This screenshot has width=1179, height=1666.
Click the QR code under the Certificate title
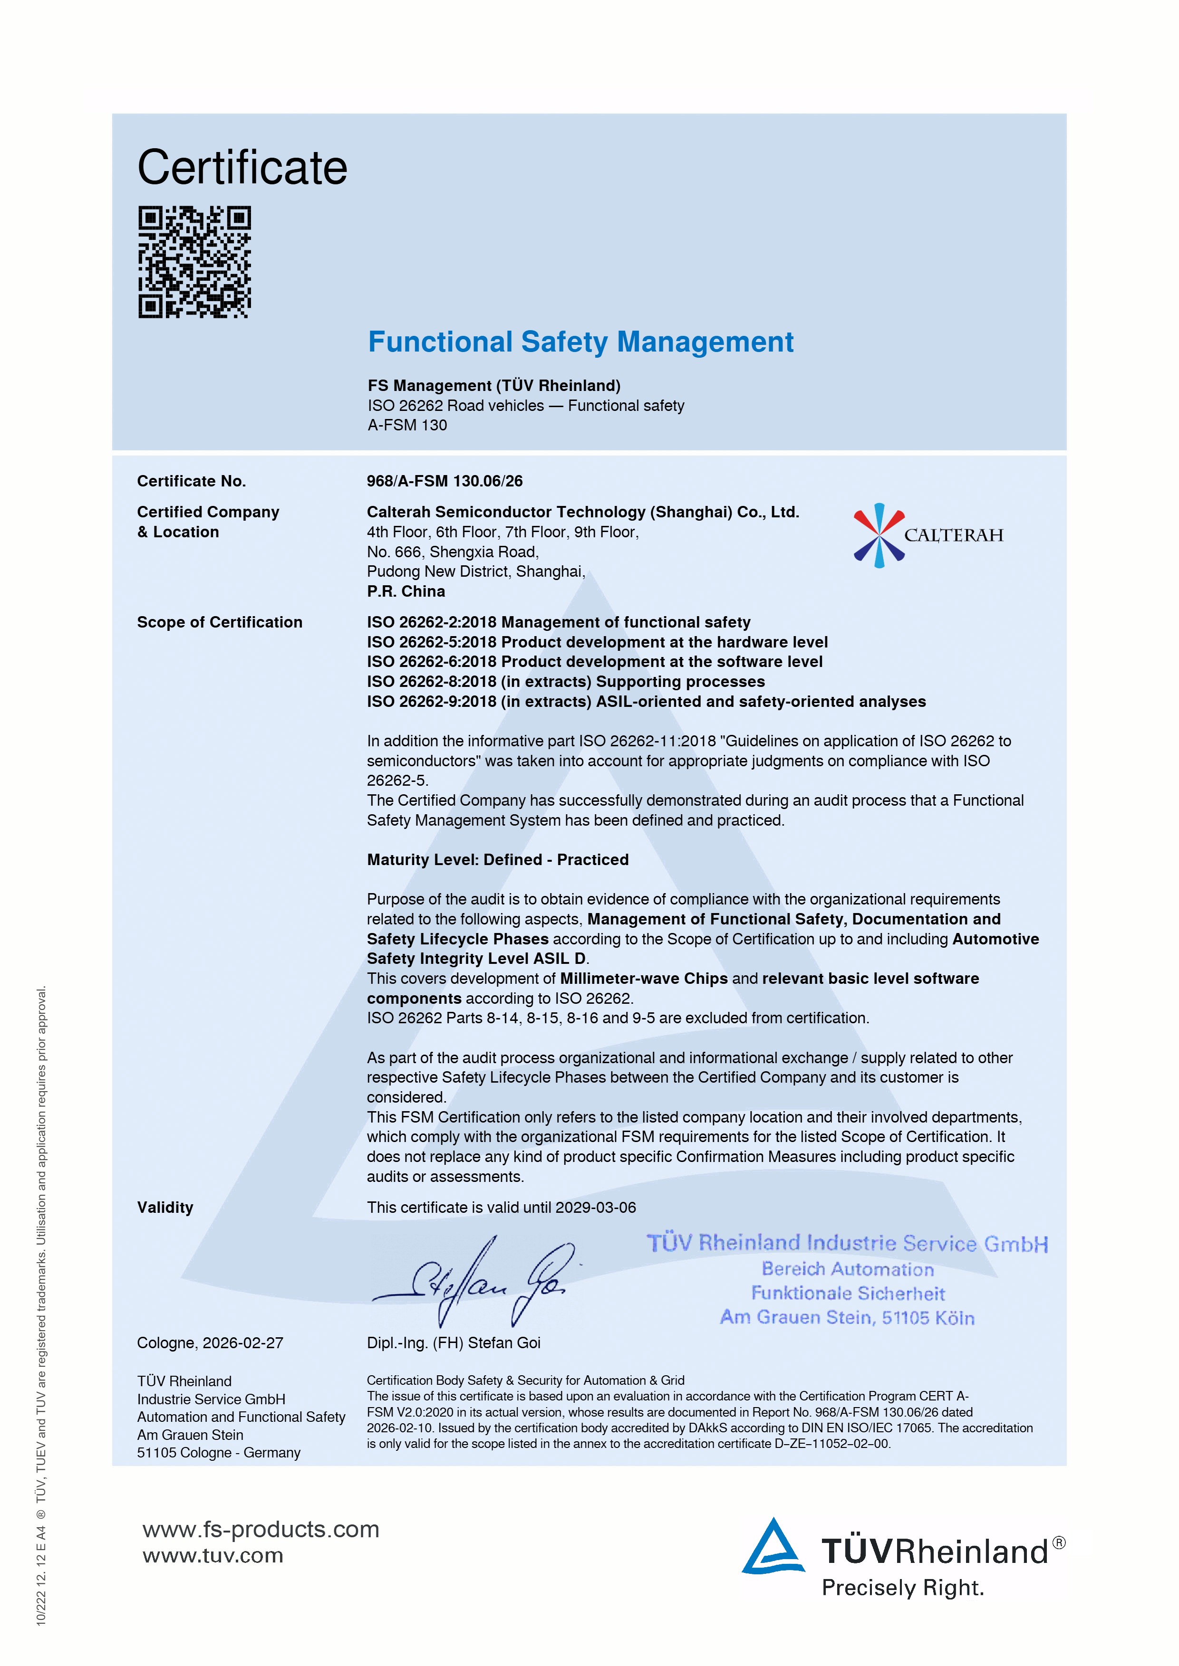point(194,262)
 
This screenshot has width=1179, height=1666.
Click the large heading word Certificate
point(242,168)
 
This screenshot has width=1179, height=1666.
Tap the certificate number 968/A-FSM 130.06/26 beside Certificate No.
point(445,481)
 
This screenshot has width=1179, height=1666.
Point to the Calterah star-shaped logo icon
point(879,535)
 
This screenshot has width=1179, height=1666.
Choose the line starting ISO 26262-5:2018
point(597,642)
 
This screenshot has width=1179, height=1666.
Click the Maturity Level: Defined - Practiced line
point(497,860)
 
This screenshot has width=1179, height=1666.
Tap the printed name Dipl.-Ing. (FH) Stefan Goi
point(453,1342)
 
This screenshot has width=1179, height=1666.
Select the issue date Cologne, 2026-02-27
point(210,1342)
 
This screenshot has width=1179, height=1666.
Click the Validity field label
point(165,1208)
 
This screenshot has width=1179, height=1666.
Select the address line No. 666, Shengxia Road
point(452,552)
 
